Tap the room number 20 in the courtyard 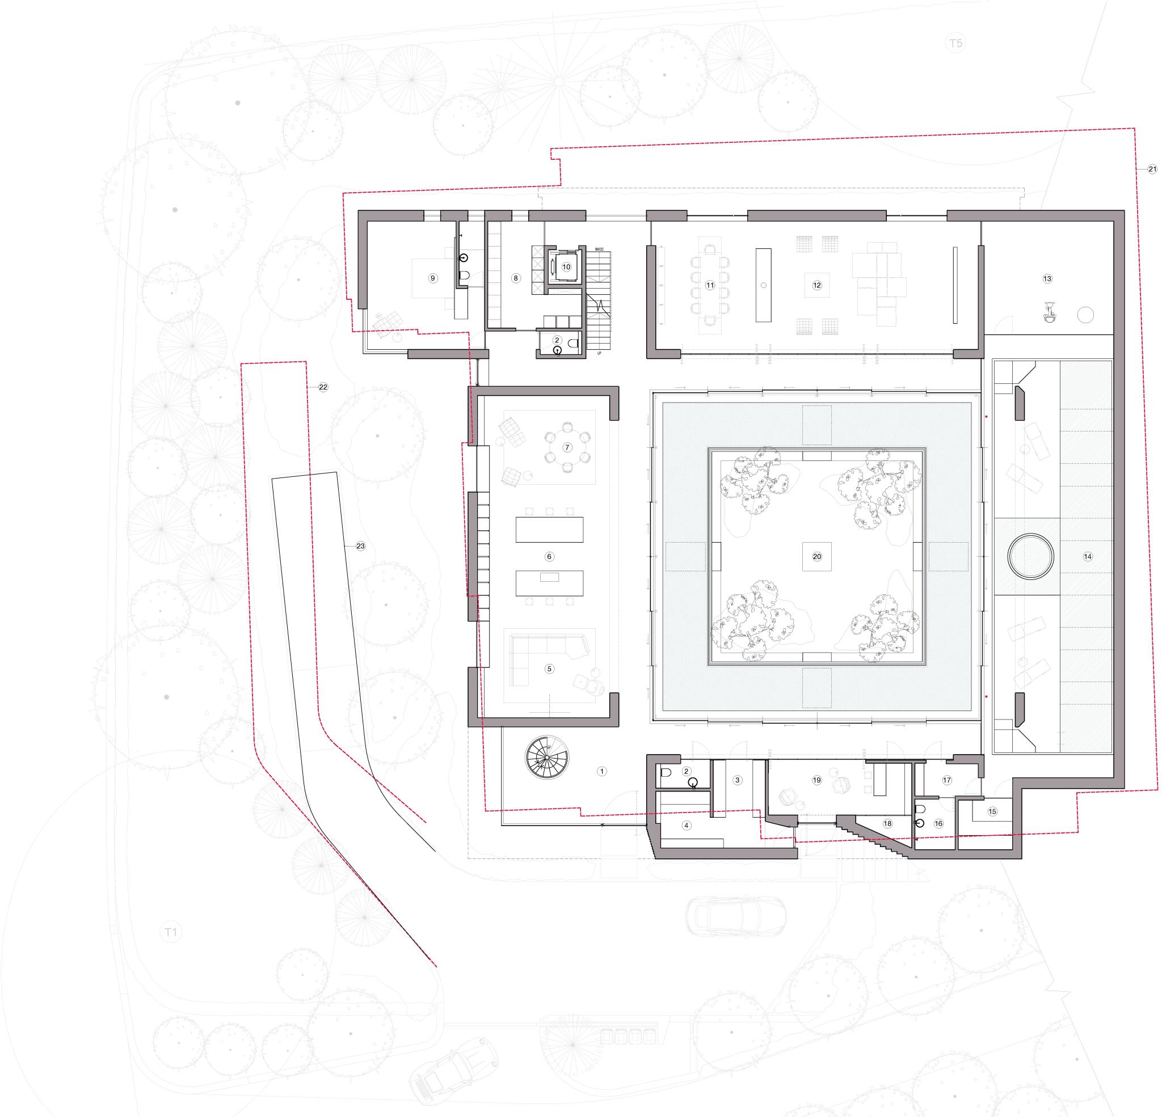pos(817,556)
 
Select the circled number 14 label pos(1087,556)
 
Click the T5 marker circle pos(955,43)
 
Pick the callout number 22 pos(323,387)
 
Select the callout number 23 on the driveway pos(360,546)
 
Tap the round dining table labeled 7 pos(567,447)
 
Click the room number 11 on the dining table pos(710,285)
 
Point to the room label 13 pos(1047,278)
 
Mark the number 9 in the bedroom pos(433,278)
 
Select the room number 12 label pos(817,285)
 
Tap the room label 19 pos(816,780)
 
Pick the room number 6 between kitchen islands pos(549,556)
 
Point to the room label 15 pos(992,812)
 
